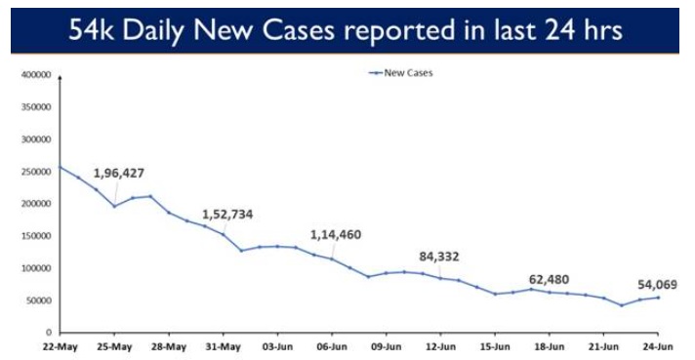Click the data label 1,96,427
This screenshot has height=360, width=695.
coord(119,174)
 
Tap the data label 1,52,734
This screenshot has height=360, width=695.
coord(227,215)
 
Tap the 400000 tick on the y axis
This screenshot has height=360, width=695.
coord(35,75)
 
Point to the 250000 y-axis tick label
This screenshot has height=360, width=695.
coord(35,172)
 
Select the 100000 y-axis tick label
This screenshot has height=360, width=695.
coord(35,268)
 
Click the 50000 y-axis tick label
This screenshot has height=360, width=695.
coord(38,300)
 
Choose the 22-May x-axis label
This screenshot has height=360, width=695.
coord(61,346)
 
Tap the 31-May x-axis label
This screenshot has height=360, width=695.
coord(224,346)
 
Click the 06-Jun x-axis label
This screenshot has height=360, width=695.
coord(333,346)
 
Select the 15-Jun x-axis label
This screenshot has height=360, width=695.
coord(495,346)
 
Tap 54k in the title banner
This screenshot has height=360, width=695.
coord(92,30)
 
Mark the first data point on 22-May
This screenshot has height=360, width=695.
coord(61,167)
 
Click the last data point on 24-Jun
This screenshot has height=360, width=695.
coord(658,298)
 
